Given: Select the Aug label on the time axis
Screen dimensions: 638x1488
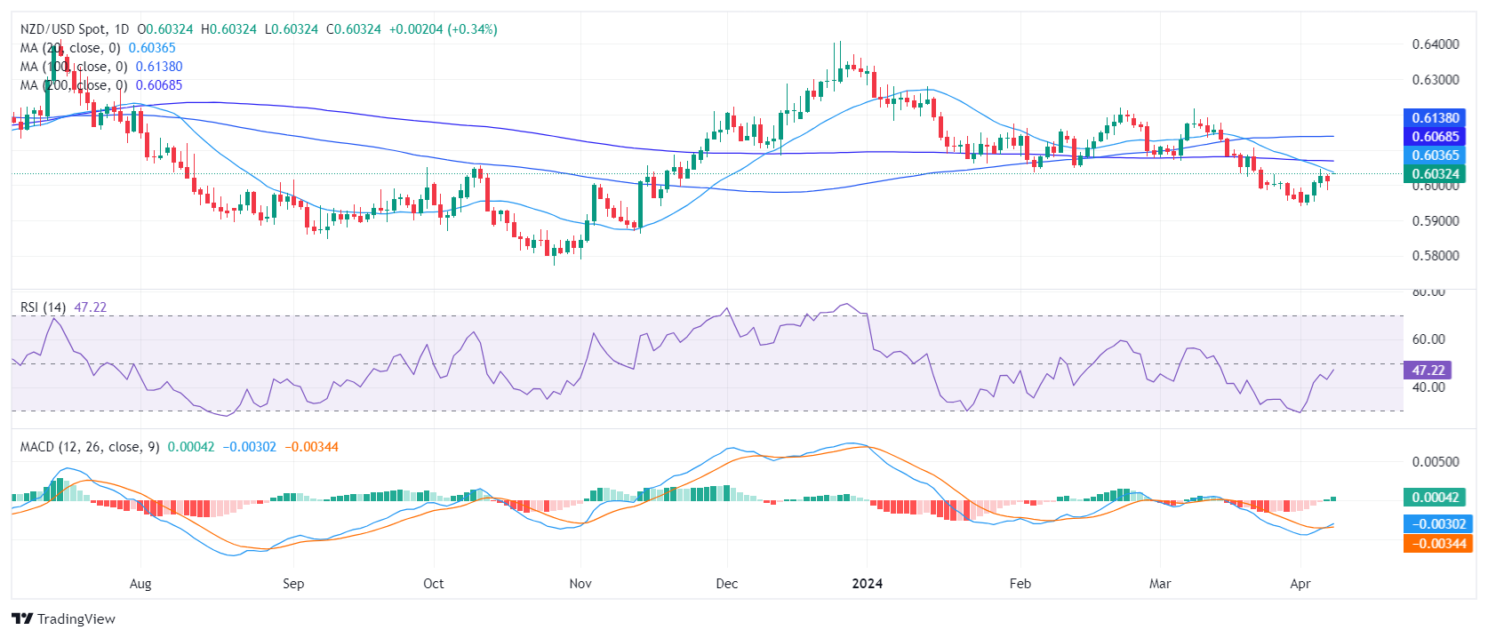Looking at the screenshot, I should point(140,584).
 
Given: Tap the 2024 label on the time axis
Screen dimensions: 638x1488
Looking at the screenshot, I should point(867,584).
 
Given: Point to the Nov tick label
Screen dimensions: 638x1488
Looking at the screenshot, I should point(580,584).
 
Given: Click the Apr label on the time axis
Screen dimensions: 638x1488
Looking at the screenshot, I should point(1300,584).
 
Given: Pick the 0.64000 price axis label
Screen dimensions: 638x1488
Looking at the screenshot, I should point(1436,44).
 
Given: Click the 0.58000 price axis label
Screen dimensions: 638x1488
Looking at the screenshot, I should point(1436,256).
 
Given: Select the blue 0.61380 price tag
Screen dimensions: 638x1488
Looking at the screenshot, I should point(1436,118).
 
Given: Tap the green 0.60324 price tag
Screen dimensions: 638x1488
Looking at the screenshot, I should point(1436,174).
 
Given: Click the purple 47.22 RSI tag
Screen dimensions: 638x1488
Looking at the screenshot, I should point(1428,370).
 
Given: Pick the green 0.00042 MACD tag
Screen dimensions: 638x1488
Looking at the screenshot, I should point(1435,498).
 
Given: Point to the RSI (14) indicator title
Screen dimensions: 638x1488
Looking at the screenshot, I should point(43,307).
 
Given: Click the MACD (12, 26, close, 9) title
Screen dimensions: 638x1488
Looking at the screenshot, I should point(90,447).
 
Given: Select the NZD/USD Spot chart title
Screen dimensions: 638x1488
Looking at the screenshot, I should point(75,29).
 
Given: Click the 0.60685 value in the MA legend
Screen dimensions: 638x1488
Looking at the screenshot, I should point(159,85).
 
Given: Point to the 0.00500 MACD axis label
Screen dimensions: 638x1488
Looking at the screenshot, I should point(1436,462).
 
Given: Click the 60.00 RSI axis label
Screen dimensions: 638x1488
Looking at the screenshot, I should point(1428,339).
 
